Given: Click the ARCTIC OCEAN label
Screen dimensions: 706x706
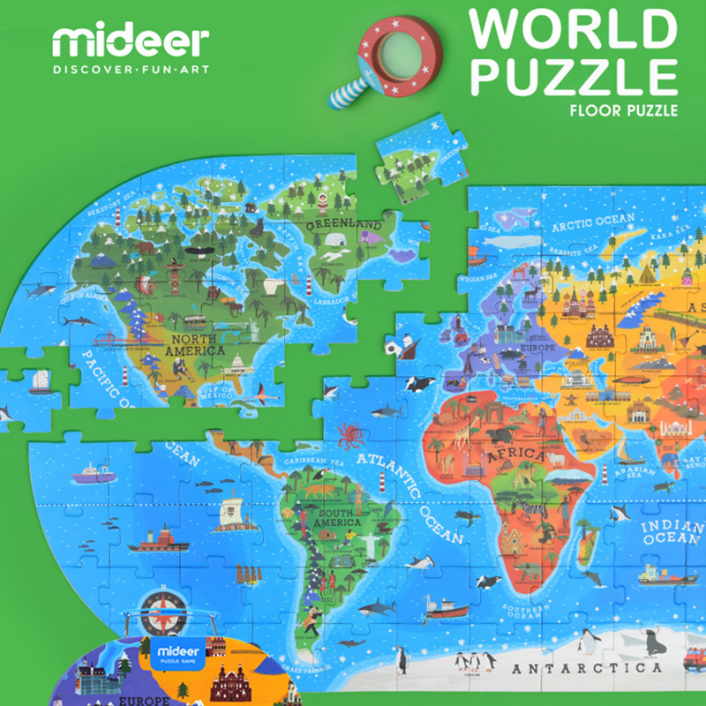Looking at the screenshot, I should point(593,222).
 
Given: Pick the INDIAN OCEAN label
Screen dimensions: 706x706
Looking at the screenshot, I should point(671,532).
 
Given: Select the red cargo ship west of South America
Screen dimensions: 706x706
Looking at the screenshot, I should point(158,538).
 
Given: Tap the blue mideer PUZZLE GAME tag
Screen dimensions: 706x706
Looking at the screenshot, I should point(175,655).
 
